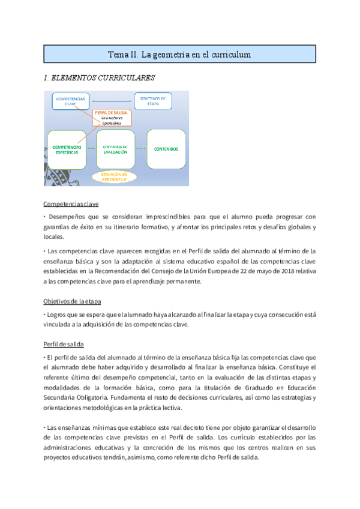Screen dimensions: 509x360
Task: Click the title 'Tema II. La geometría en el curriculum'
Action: pyautogui.click(x=179, y=55)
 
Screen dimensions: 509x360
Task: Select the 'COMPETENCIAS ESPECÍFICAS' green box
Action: pyautogui.click(x=70, y=149)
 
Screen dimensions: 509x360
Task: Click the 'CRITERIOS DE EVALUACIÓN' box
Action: pyautogui.click(x=115, y=149)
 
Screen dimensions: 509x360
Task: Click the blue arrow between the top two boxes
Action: pyautogui.click(x=111, y=100)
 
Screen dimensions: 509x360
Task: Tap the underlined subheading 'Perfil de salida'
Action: pyautogui.click(x=64, y=344)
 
